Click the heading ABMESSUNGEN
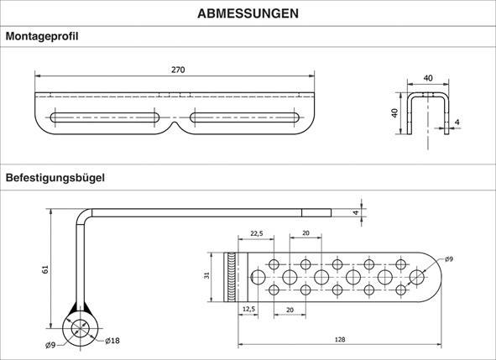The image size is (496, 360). coord(248,13)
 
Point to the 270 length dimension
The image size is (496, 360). coord(177,70)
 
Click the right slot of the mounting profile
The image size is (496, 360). coord(245,117)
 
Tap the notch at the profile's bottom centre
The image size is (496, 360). coord(175,128)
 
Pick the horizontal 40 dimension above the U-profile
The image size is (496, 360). coord(428,78)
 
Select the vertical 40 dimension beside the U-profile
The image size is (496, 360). coord(394,113)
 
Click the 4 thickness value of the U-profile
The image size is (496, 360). coord(457,123)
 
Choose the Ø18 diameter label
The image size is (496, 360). coord(113,341)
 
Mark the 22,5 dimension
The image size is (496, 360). coord(256,233)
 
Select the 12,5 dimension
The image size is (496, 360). coord(248,310)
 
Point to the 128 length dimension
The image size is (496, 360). coord(340,340)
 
